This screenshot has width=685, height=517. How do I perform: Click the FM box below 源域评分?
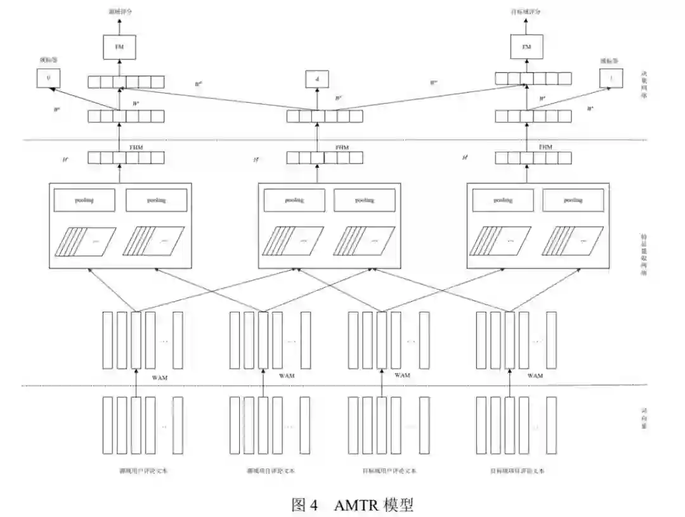[x=119, y=47]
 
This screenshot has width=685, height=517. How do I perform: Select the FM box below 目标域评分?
[x=526, y=47]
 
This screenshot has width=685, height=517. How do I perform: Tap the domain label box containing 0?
[x=48, y=79]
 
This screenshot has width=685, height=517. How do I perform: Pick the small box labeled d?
[x=316, y=79]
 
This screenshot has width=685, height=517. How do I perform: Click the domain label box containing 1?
[x=610, y=79]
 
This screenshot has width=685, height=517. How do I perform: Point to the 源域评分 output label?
[x=119, y=11]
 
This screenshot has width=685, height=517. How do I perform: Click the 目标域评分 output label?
[x=526, y=11]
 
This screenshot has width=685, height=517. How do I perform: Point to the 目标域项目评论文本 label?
[x=517, y=471]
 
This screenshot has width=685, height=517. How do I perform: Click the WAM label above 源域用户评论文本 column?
[x=160, y=377]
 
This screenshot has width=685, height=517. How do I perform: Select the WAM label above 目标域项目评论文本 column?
[x=535, y=376]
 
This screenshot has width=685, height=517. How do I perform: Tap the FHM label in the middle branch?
[x=342, y=147]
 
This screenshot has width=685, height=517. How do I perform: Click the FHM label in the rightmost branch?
[x=545, y=147]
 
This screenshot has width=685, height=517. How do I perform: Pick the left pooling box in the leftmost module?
[x=85, y=200]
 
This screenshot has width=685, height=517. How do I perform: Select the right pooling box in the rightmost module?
[x=573, y=200]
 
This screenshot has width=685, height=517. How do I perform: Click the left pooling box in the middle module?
[x=294, y=200]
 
